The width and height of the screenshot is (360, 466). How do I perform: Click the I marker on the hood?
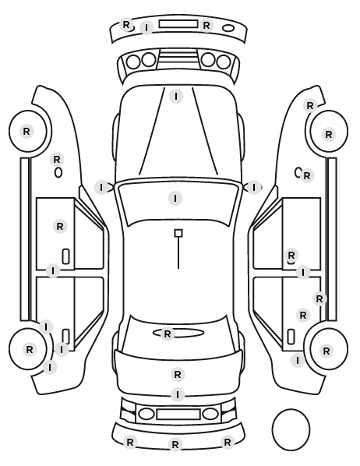tap(176, 97)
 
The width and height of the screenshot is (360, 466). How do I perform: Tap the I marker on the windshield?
tap(175, 198)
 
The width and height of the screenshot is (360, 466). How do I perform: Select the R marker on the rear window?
tap(168, 334)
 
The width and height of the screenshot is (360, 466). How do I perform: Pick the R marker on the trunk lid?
tap(178, 375)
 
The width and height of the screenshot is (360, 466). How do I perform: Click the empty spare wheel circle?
tap(291, 429)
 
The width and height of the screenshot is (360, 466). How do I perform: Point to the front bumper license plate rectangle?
tap(178, 24)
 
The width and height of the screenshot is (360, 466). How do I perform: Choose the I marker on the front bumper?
tap(146, 27)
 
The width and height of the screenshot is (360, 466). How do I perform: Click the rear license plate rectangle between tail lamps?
tap(178, 414)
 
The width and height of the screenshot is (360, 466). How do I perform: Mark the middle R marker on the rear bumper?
tap(175, 445)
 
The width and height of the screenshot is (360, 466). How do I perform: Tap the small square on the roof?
tap(178, 233)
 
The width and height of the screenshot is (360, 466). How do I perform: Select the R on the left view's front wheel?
tap(26, 131)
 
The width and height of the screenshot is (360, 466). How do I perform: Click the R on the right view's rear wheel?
tap(326, 351)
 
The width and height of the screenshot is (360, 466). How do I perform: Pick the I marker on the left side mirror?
tap(101, 188)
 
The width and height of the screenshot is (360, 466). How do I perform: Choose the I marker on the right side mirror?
tap(253, 188)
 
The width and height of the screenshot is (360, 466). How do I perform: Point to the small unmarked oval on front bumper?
tap(228, 28)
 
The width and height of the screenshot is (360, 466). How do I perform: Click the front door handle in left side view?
tap(65, 256)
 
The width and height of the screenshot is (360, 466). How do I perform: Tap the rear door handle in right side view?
tap(291, 337)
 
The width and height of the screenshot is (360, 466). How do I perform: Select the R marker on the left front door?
tap(60, 227)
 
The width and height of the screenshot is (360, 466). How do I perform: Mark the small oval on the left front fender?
tap(58, 173)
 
